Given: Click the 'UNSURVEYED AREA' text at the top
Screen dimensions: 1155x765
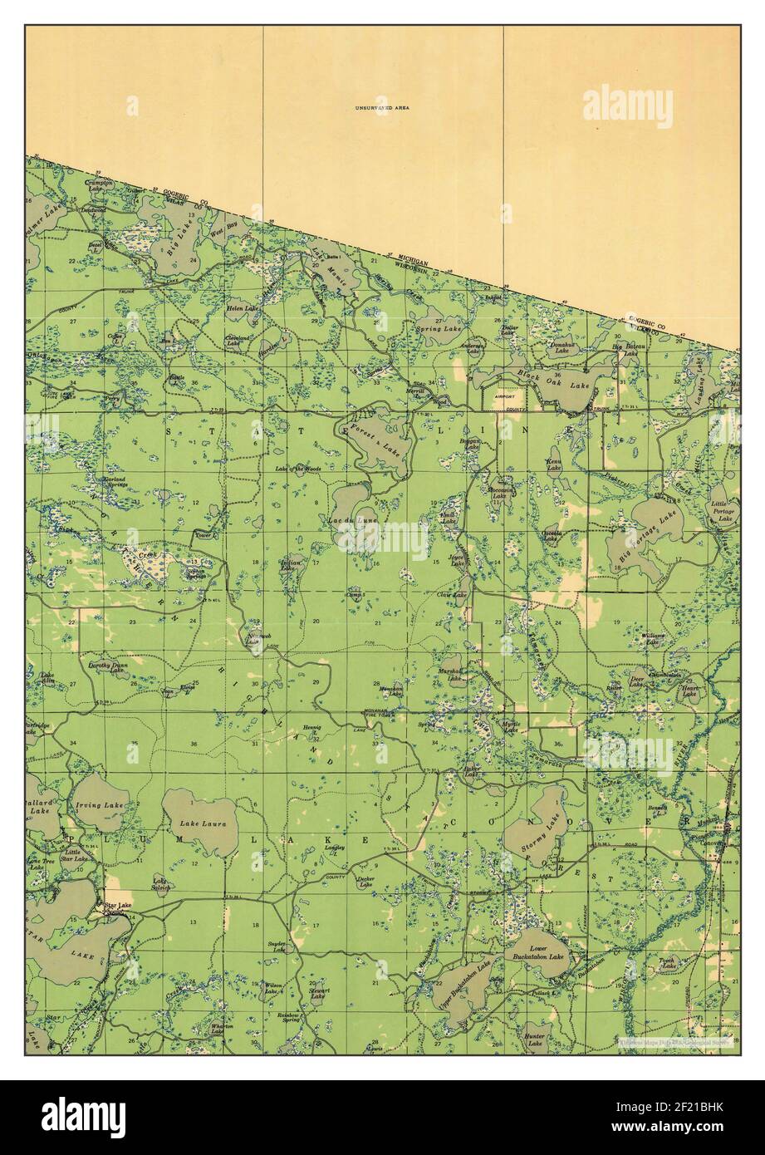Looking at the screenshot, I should coord(382,107).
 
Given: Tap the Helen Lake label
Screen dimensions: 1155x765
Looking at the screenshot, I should coord(243,308).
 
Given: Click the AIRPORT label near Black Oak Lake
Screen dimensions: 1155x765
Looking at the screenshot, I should coord(505,397).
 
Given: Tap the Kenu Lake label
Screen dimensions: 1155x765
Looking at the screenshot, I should coord(554,464).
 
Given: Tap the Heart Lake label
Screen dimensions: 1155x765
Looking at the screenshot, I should coord(689,691).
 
